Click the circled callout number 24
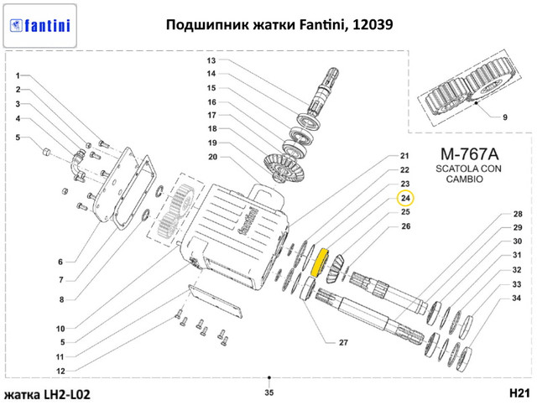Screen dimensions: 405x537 (x=405, y=198)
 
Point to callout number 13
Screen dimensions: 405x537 (x=211, y=61)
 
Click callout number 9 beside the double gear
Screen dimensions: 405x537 (x=505, y=117)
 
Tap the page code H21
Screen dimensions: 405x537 (x=519, y=392)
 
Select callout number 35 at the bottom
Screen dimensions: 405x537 (x=268, y=392)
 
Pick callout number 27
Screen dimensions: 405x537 (x=342, y=343)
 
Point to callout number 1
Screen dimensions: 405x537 (x=18, y=75)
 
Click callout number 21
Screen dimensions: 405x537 (x=404, y=156)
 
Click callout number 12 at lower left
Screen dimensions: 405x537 (x=60, y=370)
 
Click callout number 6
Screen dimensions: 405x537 (x=60, y=261)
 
